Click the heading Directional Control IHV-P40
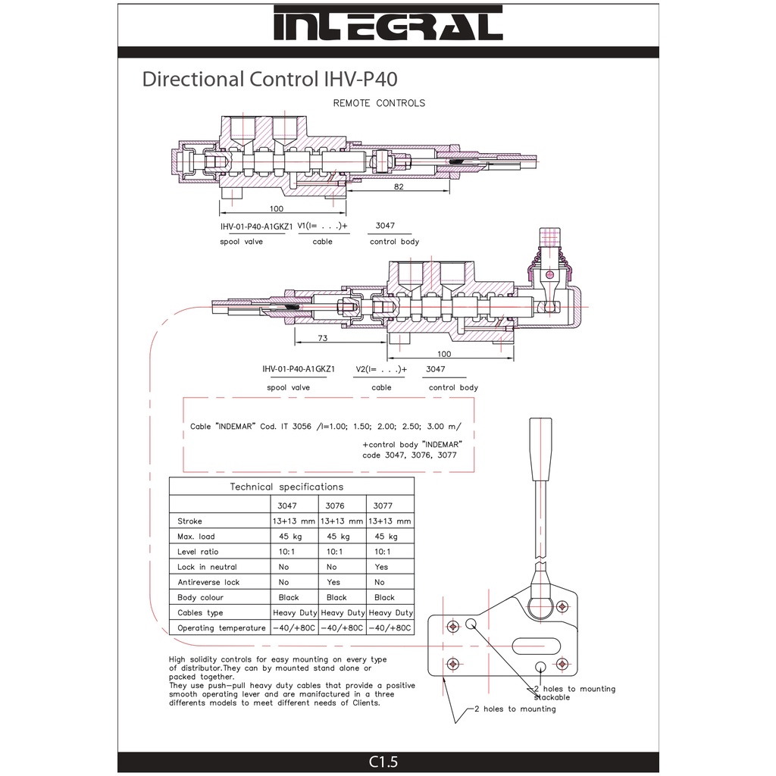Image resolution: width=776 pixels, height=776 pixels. (270, 79)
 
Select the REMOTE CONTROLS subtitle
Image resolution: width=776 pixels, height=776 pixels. (379, 103)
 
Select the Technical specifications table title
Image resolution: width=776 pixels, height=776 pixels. (286, 487)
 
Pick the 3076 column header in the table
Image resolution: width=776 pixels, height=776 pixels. (334, 505)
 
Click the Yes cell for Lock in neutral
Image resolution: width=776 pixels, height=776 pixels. (381, 567)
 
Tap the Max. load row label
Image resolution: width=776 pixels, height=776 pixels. (196, 537)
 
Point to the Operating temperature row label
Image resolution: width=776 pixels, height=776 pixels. (221, 628)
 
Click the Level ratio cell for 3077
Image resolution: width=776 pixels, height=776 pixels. (382, 552)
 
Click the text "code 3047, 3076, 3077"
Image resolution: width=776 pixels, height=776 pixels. (409, 455)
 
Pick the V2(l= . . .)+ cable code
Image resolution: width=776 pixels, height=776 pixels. (380, 370)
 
